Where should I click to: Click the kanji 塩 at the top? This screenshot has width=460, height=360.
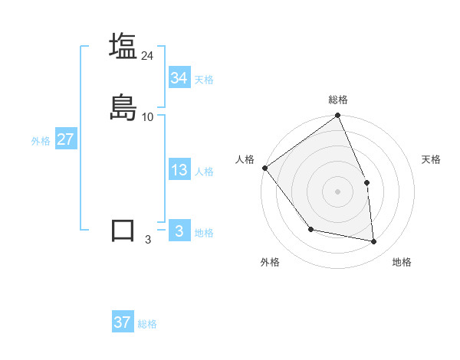click(x=123, y=46)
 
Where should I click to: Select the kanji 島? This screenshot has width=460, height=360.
click(x=123, y=108)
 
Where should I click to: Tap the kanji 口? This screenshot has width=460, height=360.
click(x=123, y=231)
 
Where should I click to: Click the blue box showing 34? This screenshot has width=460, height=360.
click(x=179, y=78)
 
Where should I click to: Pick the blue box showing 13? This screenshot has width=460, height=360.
click(x=179, y=170)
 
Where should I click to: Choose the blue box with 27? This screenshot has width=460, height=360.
click(x=65, y=139)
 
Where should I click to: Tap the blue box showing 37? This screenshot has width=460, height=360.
click(x=123, y=322)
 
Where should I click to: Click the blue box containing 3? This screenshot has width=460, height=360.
click(x=179, y=231)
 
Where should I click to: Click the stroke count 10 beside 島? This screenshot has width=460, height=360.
click(x=148, y=117)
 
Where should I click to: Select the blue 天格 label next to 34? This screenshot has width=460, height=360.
click(x=204, y=80)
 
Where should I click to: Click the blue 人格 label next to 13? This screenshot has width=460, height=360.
click(x=204, y=172)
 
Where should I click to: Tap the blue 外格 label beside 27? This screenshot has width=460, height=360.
click(x=41, y=141)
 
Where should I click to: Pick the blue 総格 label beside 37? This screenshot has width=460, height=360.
click(x=148, y=324)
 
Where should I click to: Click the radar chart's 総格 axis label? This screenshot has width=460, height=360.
click(x=338, y=100)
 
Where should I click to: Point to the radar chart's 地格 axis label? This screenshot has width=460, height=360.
click(x=402, y=263)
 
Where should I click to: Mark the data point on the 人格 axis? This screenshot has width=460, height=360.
click(x=264, y=168)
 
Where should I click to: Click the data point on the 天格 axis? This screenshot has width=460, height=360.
click(x=366, y=182)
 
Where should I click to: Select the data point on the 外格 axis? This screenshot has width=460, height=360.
click(x=310, y=229)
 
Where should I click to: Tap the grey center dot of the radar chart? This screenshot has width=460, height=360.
click(x=338, y=191)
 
